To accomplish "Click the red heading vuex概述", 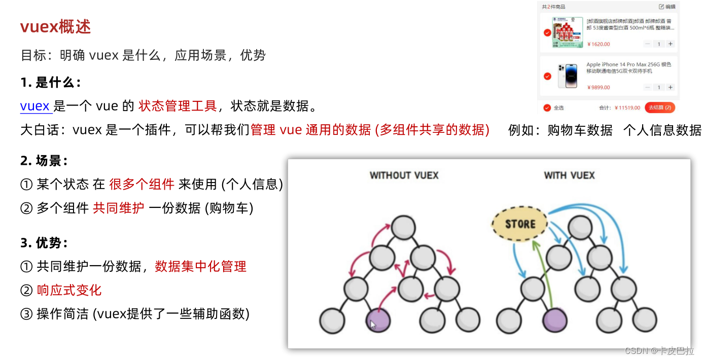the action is (x=55, y=27).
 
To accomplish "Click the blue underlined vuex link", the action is (x=35, y=106).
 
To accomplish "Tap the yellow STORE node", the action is (x=520, y=224).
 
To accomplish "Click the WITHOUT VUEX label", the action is (x=404, y=175).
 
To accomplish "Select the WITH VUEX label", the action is (x=569, y=175).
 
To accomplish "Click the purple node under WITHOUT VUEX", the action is (x=378, y=320).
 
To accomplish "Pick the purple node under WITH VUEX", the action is (x=554, y=320).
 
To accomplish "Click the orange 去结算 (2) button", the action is (x=660, y=107).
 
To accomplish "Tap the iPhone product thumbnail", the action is (x=567, y=76).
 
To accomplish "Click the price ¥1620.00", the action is (x=599, y=44).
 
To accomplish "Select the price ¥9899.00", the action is (x=599, y=87).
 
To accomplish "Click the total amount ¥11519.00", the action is (x=627, y=107).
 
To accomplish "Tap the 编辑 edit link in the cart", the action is (x=667, y=7).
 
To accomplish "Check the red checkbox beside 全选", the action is (x=547, y=107).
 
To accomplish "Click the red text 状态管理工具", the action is (x=178, y=106).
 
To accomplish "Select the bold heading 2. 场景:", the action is (x=44, y=161).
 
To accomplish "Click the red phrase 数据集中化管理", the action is (x=200, y=266).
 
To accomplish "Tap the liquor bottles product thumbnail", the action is (x=567, y=32).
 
